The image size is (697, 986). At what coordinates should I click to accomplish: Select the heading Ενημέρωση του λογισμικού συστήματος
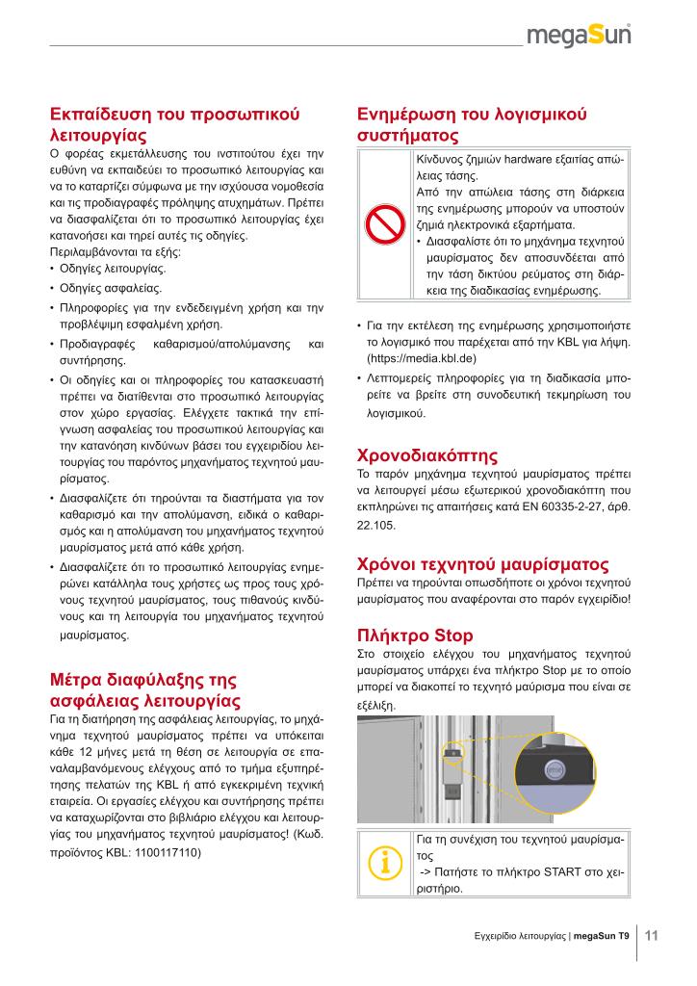pos(471,124)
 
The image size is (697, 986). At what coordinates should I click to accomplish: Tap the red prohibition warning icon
pos(384,225)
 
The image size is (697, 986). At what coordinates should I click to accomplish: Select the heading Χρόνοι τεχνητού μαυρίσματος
pos(482,564)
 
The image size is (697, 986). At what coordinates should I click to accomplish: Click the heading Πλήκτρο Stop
pos(414,636)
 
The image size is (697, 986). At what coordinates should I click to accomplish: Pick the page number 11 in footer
pos(651,935)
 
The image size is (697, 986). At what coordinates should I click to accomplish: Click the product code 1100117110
pos(162,852)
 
